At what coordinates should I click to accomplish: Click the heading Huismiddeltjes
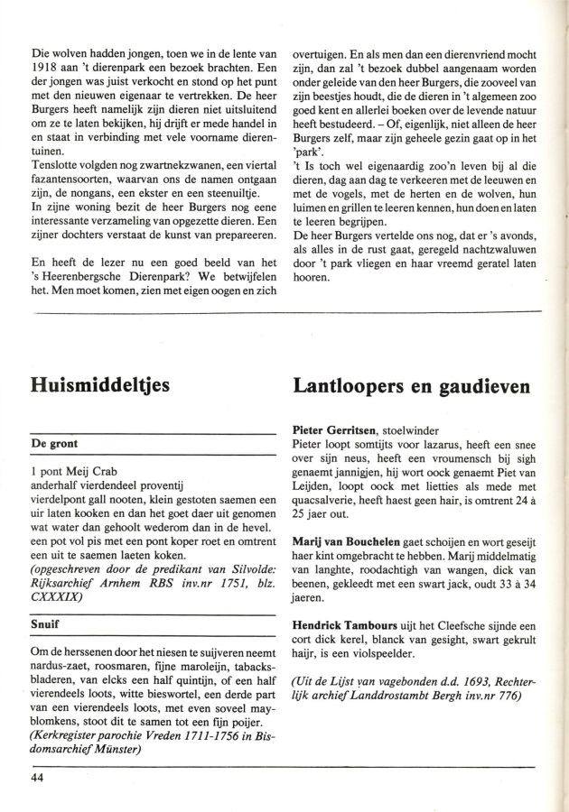[x=101, y=387]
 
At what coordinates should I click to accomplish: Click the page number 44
[x=38, y=778]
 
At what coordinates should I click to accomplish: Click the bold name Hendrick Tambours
[x=349, y=623]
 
